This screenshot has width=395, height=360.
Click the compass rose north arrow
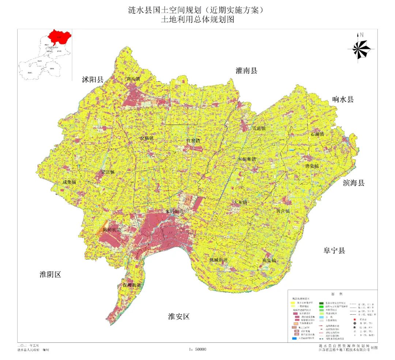click(361, 48)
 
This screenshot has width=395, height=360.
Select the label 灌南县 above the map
click(247, 71)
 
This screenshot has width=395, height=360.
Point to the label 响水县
click(343, 99)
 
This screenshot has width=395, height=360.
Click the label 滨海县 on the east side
click(353, 183)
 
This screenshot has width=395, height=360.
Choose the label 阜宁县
click(334, 251)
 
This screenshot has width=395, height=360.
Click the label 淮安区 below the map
click(179, 317)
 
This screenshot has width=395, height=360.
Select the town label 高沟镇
click(133, 79)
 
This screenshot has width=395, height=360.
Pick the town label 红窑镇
click(193, 141)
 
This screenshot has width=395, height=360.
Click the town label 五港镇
click(259, 129)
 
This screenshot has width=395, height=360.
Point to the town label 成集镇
click(69, 182)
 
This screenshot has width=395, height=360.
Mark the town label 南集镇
click(269, 261)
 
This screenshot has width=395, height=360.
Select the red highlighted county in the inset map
click(60, 36)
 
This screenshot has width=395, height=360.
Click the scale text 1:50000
click(198, 349)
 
